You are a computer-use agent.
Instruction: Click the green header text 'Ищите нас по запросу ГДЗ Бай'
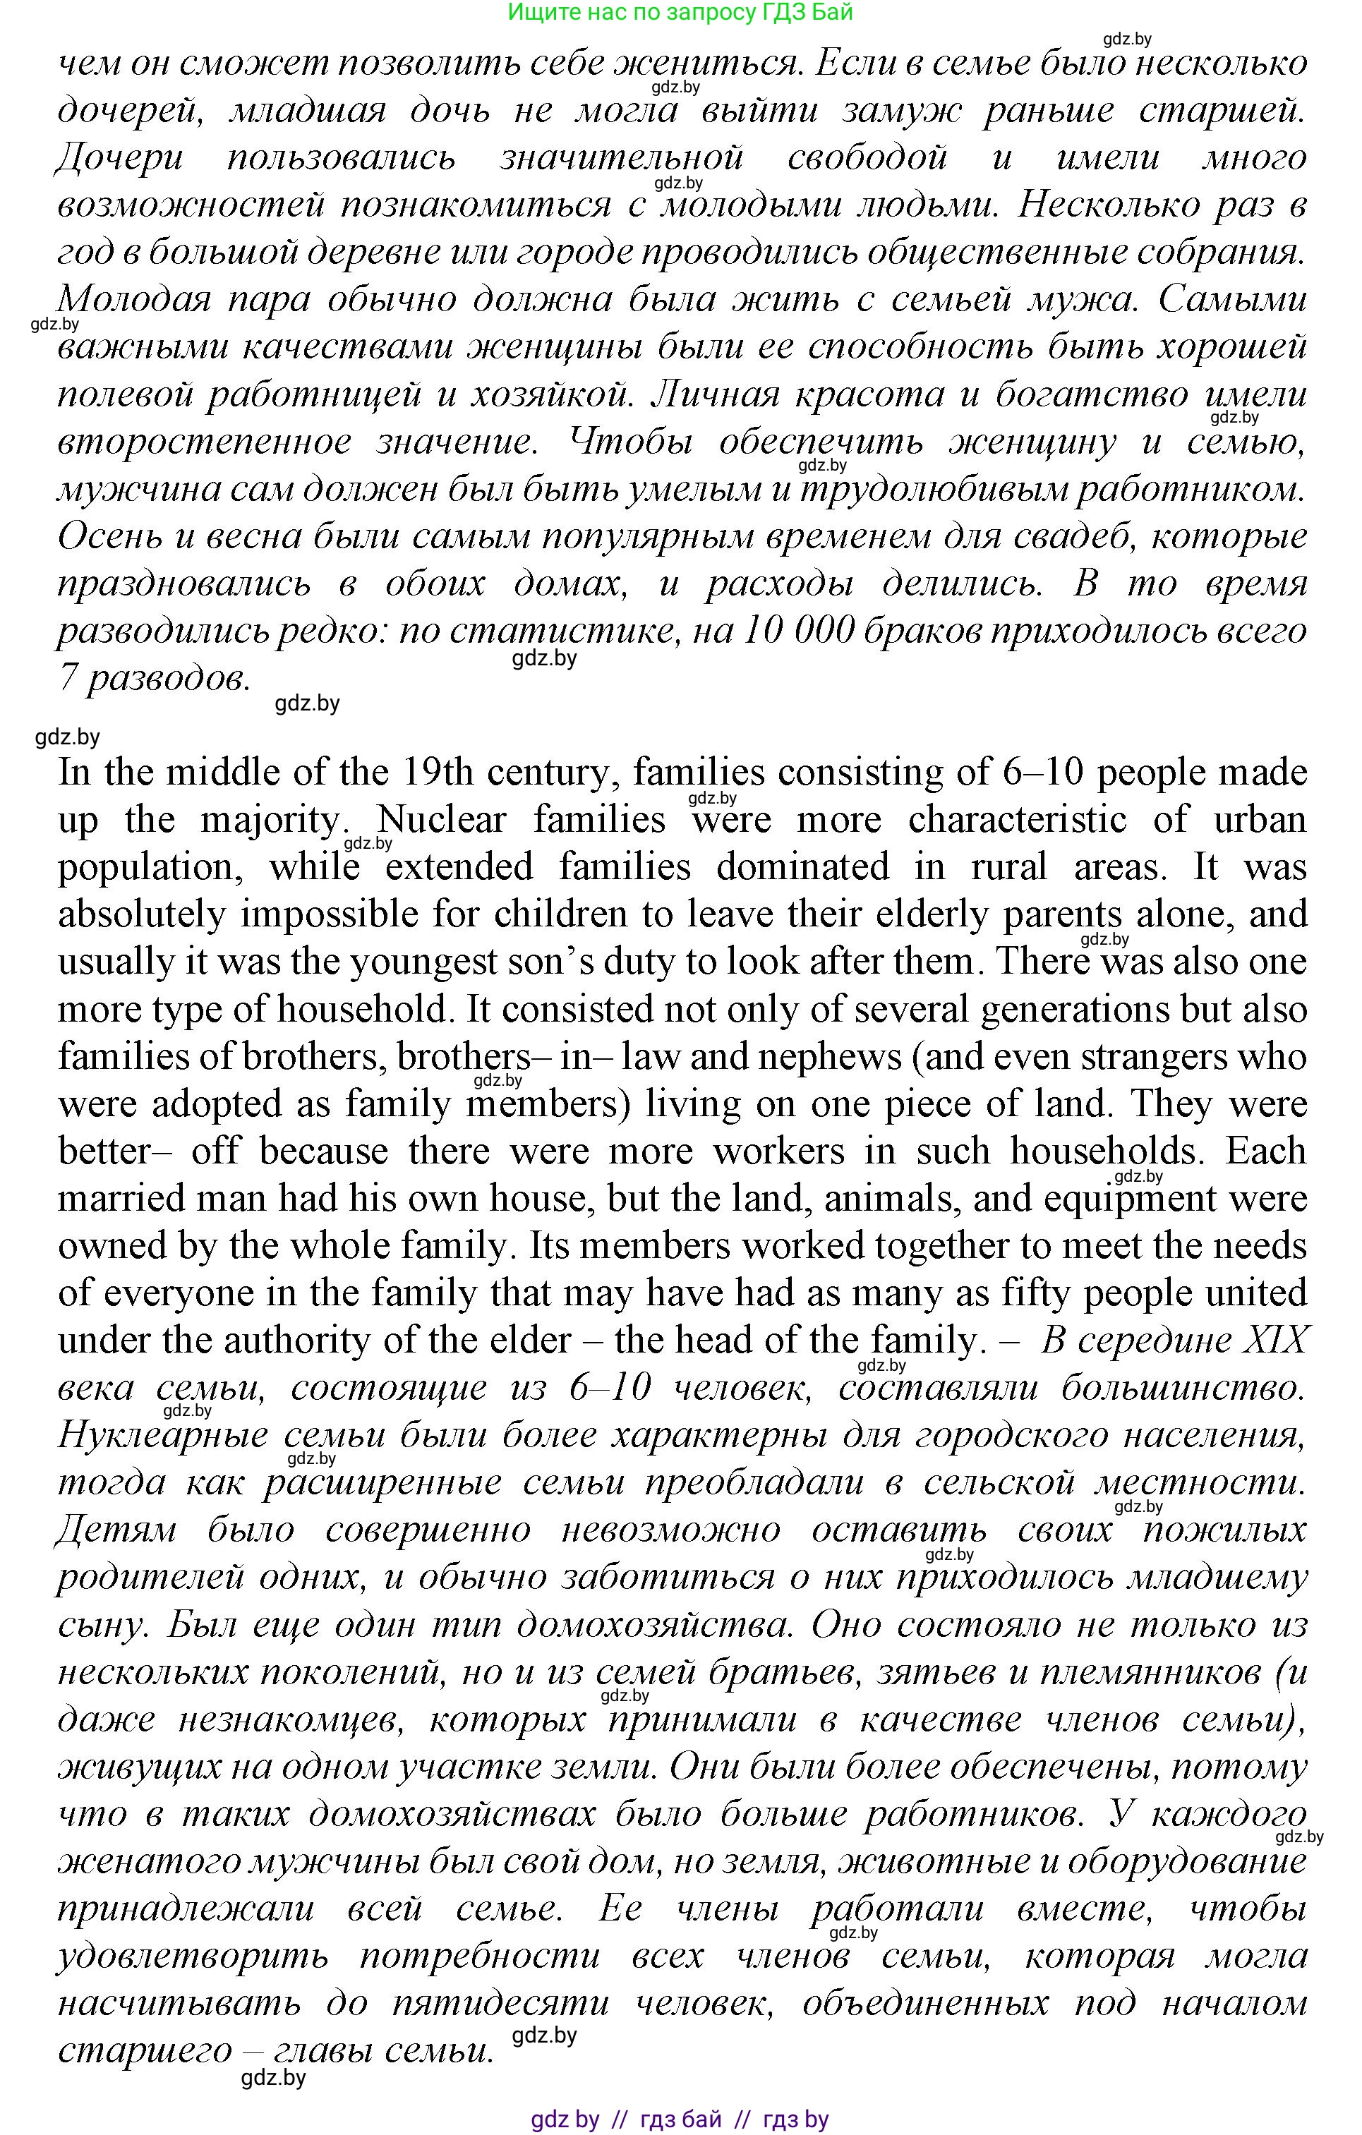(x=680, y=13)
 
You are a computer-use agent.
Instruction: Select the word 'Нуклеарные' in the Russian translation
(x=162, y=1436)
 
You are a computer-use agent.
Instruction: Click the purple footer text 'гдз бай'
(x=680, y=2120)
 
